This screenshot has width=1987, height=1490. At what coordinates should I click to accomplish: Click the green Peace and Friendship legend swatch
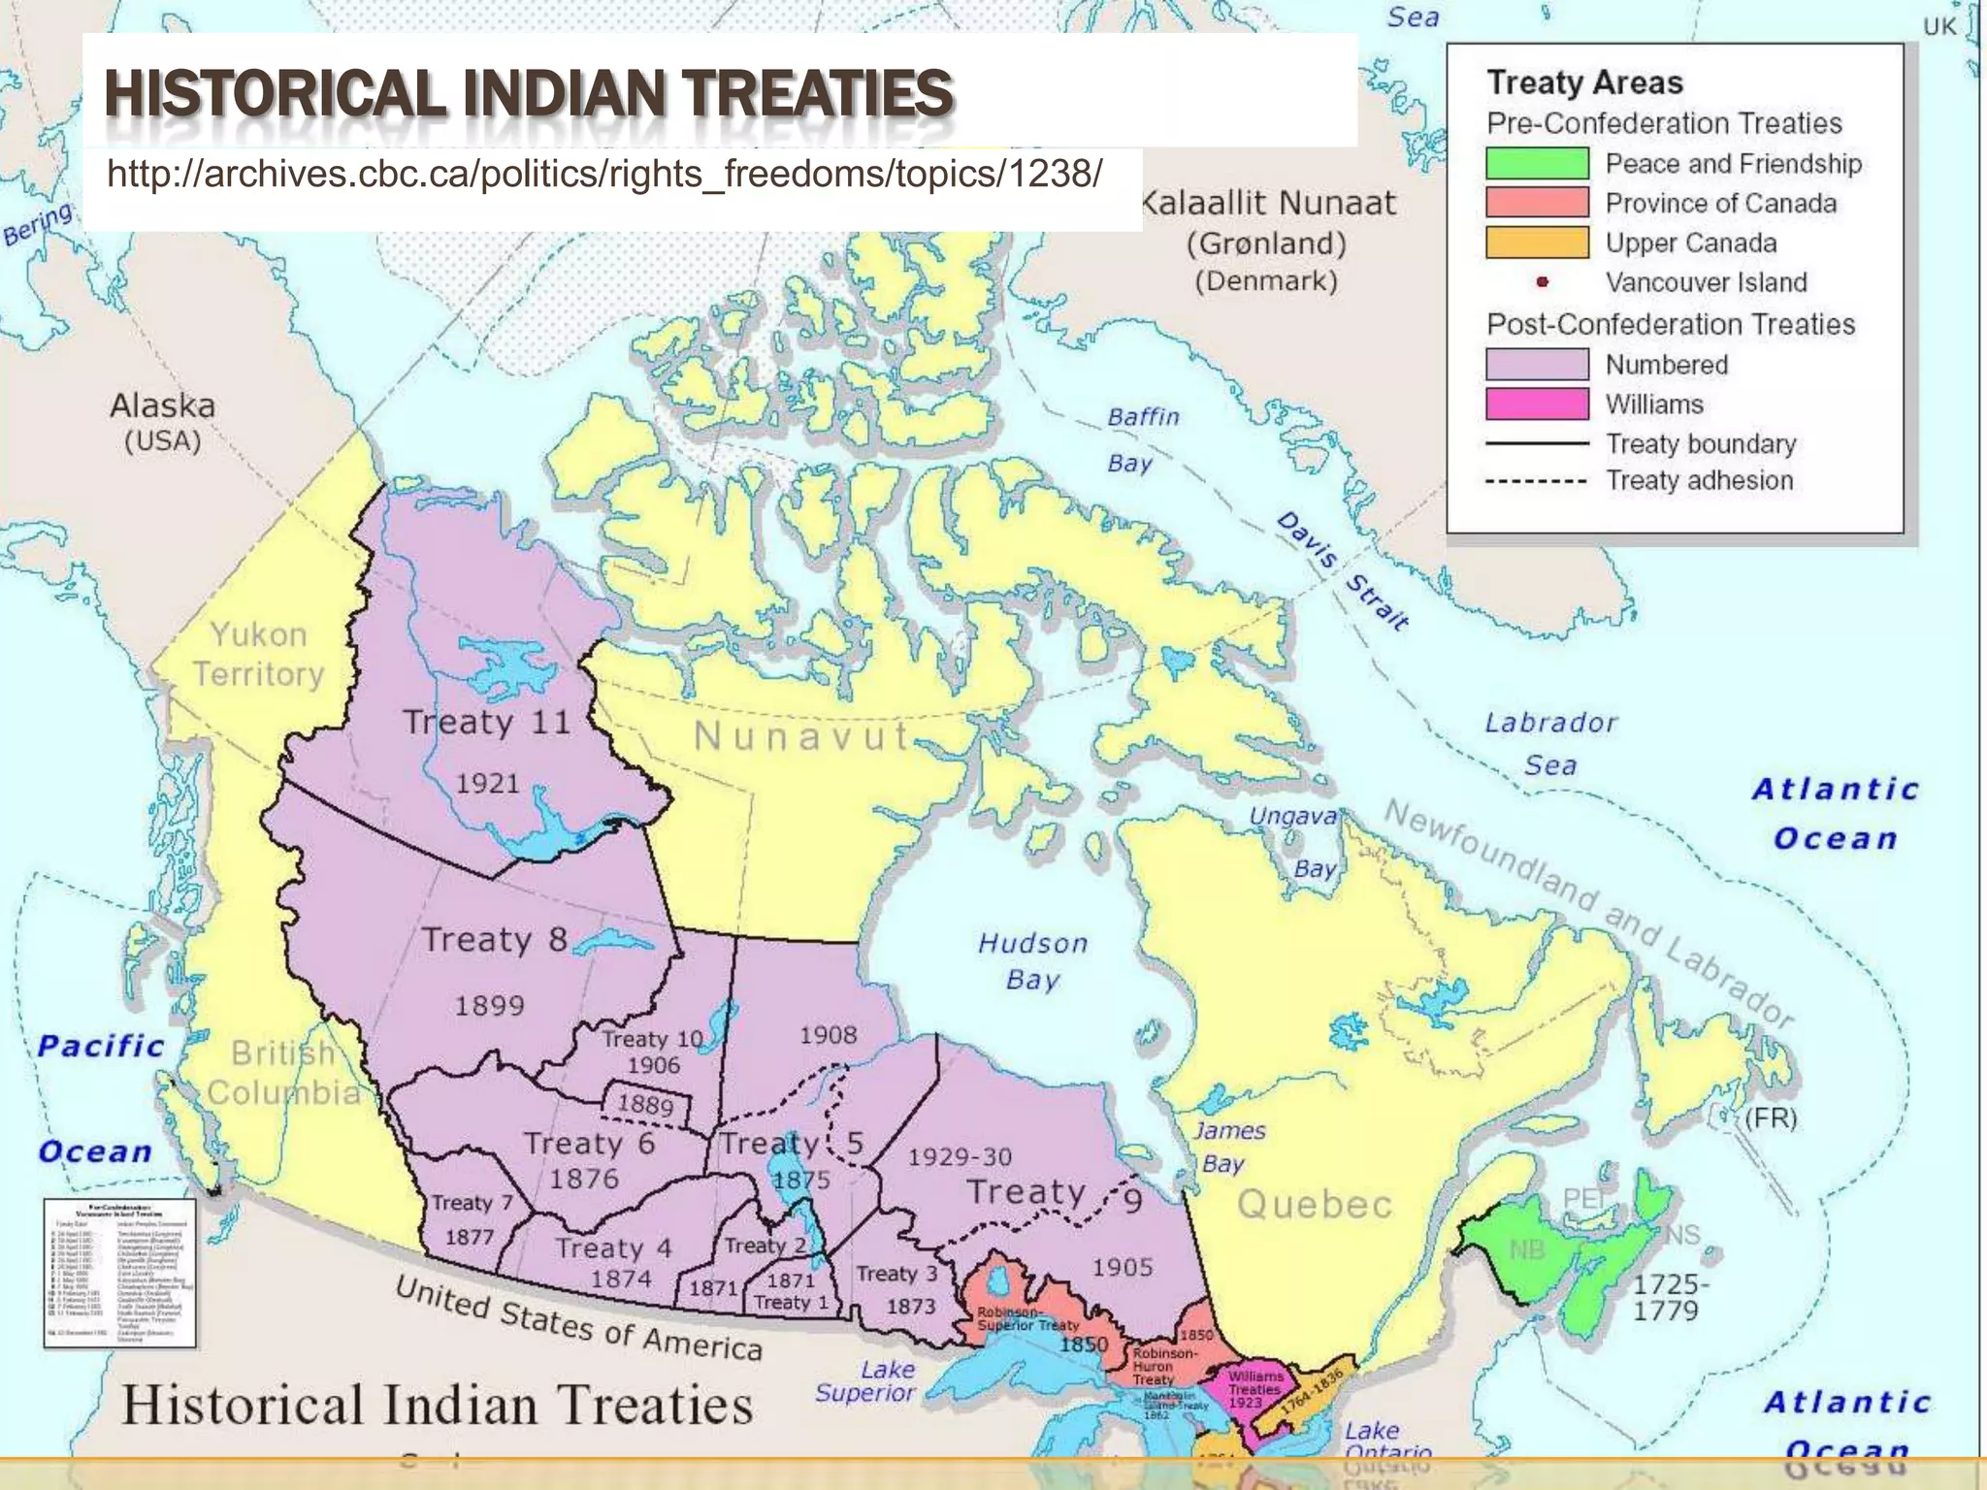1537,163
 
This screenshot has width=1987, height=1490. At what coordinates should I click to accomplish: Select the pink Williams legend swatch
1537,404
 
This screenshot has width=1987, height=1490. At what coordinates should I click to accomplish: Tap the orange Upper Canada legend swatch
1537,243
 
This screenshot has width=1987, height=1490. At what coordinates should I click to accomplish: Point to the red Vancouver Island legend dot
1542,282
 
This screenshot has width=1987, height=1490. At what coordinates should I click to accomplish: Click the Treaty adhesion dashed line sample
1537,481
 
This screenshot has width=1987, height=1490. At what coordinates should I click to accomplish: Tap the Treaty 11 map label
486,723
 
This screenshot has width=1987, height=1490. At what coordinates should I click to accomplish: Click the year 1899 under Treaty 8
489,1005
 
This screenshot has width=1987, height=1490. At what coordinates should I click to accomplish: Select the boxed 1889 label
646,1105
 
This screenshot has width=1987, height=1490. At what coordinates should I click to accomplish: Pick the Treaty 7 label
472,1203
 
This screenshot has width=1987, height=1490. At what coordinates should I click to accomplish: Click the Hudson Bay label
1032,960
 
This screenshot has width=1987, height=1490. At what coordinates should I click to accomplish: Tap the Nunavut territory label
801,737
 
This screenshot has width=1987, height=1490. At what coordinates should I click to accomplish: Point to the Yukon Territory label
258,654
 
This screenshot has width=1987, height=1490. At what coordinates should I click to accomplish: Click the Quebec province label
1315,1205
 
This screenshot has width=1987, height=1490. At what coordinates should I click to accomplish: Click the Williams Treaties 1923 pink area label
1254,1389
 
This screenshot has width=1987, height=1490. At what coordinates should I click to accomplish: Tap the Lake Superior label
865,1381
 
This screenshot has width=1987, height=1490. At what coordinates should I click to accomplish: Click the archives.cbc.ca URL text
604,175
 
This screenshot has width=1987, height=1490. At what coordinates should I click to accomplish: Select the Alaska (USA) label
163,422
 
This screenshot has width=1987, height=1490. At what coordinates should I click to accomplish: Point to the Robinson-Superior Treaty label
1027,1318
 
